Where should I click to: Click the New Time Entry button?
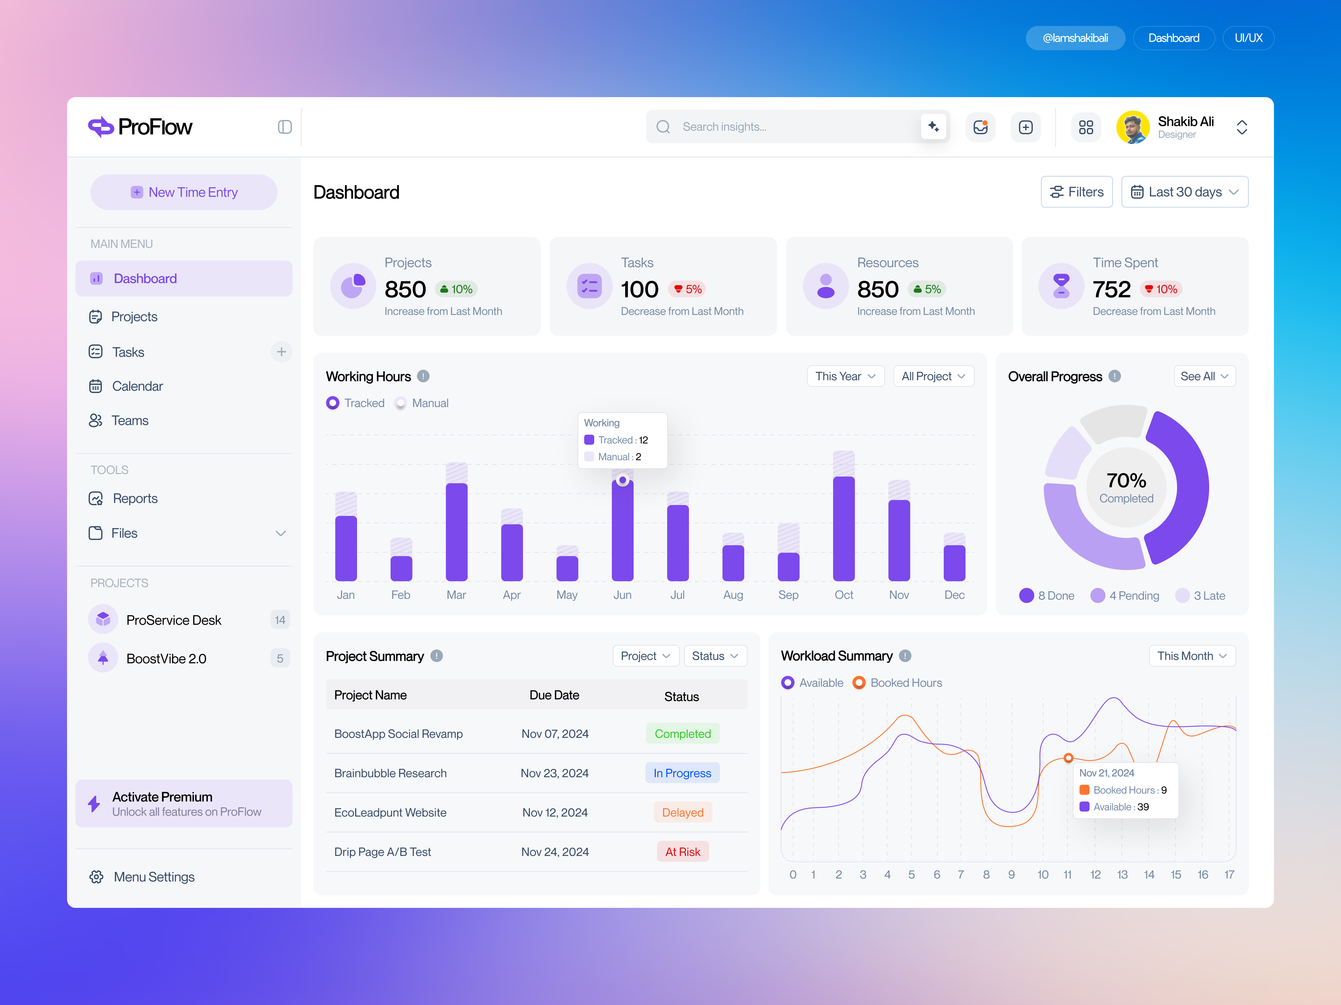coord(184,192)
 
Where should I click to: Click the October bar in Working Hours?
coord(843,527)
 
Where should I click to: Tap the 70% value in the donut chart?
coord(1126,480)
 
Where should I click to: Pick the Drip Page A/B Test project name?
coord(383,852)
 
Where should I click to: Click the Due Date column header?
coord(554,695)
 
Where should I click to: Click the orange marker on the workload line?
coord(1068,758)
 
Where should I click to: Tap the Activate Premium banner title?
coord(162,797)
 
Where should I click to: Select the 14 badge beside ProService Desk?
coord(280,620)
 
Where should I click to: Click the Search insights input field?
coord(794,127)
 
